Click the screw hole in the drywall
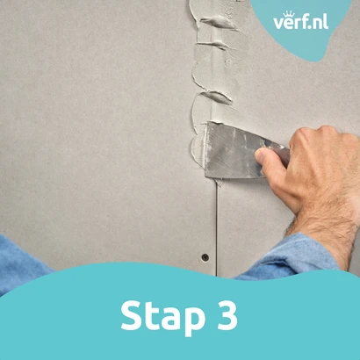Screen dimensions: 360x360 pos(205,258)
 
